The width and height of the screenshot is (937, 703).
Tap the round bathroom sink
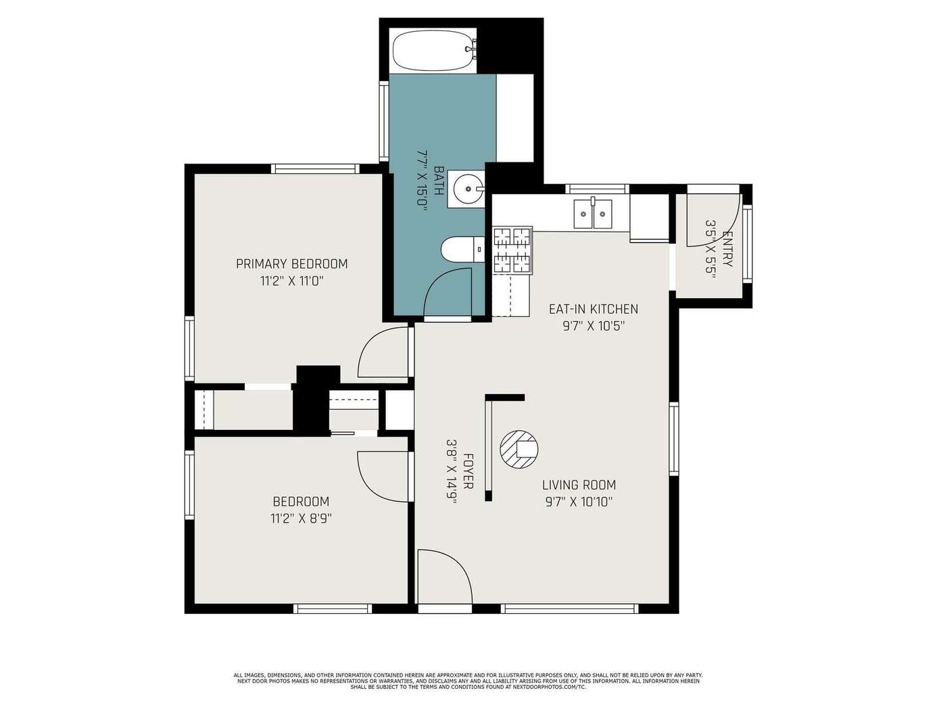click(467, 188)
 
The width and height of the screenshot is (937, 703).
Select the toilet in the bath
click(462, 249)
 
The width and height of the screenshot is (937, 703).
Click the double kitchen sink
click(592, 214)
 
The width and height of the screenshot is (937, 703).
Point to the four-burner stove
click(512, 249)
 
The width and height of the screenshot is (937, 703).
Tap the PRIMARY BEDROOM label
click(291, 264)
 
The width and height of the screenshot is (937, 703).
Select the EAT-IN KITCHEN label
click(594, 309)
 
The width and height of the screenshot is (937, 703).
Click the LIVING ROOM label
click(579, 485)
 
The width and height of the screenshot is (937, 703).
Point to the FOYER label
click(468, 470)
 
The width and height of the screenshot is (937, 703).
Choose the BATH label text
click(438, 180)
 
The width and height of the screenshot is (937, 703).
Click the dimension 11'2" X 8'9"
click(301, 518)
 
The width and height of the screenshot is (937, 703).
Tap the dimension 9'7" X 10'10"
click(579, 502)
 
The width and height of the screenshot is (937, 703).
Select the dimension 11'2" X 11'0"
click(291, 281)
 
